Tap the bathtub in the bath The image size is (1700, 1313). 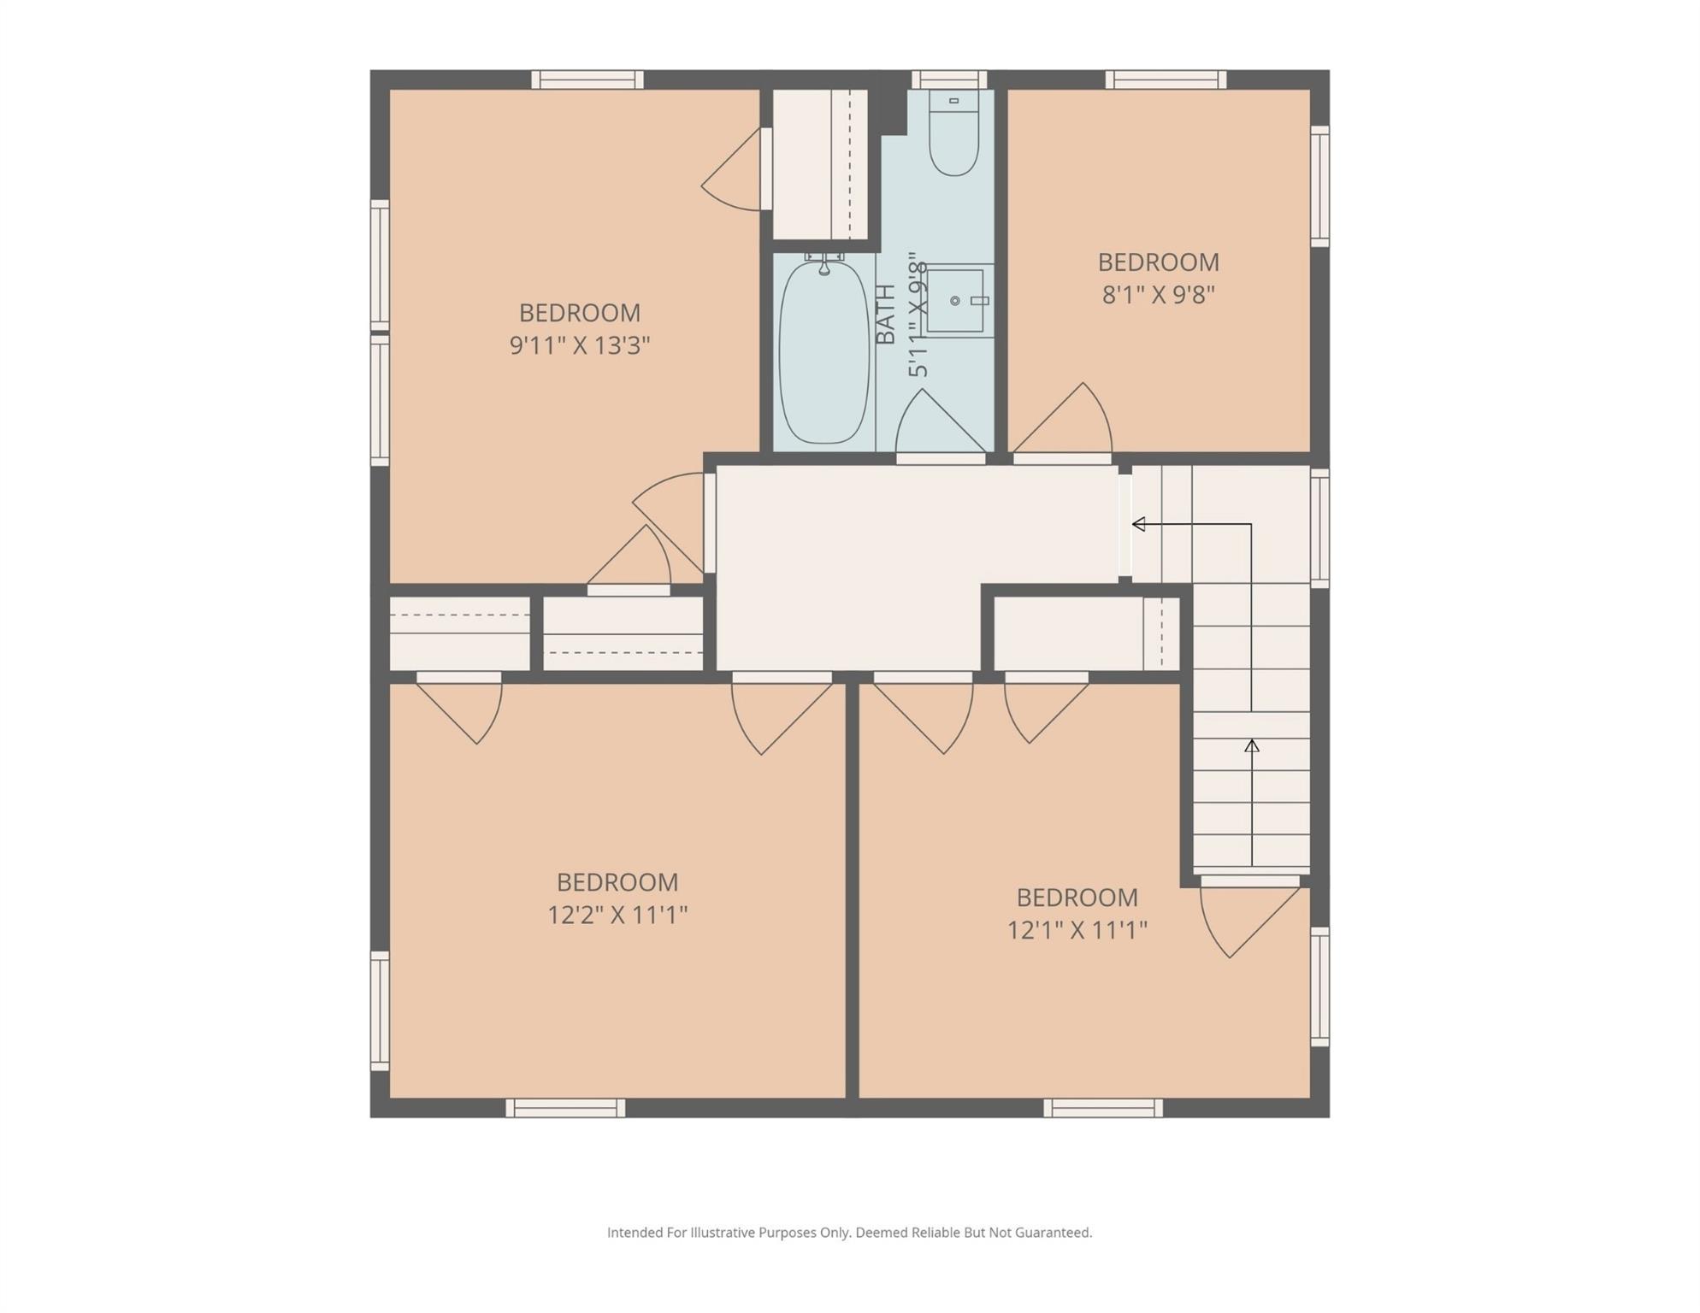pyautogui.click(x=823, y=352)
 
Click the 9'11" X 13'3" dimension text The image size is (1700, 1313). pyautogui.click(x=580, y=346)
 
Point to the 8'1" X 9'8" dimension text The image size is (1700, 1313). pyautogui.click(x=1158, y=295)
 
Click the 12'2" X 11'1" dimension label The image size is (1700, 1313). pyautogui.click(x=617, y=916)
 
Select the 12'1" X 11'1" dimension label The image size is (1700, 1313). pyautogui.click(x=1077, y=930)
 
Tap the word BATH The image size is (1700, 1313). pyautogui.click(x=887, y=314)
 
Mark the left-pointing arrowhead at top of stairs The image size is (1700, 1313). pyautogui.click(x=1138, y=524)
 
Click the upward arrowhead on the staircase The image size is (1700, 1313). pyautogui.click(x=1251, y=746)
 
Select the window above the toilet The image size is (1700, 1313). pyautogui.click(x=948, y=79)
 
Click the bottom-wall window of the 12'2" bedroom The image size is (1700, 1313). pyautogui.click(x=565, y=1108)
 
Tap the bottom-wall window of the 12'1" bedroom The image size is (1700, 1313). pyautogui.click(x=1102, y=1108)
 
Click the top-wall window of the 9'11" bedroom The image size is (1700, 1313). pyautogui.click(x=587, y=79)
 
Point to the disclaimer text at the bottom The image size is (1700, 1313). pyautogui.click(x=849, y=1233)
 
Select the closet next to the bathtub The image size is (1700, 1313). pyautogui.click(x=819, y=164)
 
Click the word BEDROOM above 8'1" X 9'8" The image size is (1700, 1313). pyautogui.click(x=1158, y=262)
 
